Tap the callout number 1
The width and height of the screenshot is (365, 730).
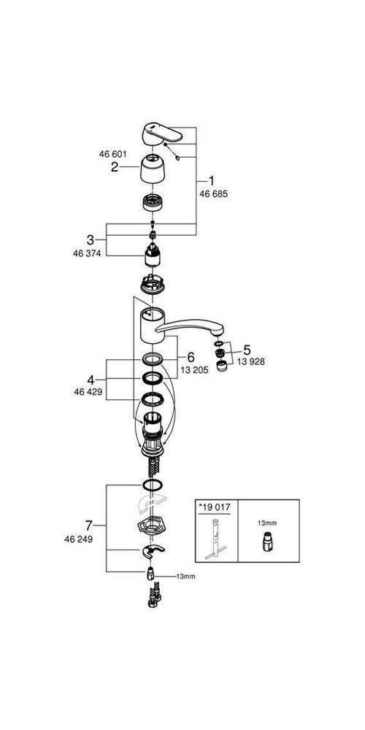click(x=212, y=181)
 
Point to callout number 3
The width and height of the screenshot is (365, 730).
click(x=91, y=239)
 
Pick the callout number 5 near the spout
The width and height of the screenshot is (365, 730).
click(x=246, y=349)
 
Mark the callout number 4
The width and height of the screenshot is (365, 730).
click(x=91, y=380)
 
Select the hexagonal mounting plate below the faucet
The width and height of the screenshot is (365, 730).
click(x=152, y=527)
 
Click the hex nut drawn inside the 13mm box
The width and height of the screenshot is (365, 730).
click(x=267, y=543)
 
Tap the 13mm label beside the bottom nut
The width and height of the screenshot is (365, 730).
click(x=186, y=577)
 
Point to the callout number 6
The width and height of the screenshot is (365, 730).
click(x=191, y=356)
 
